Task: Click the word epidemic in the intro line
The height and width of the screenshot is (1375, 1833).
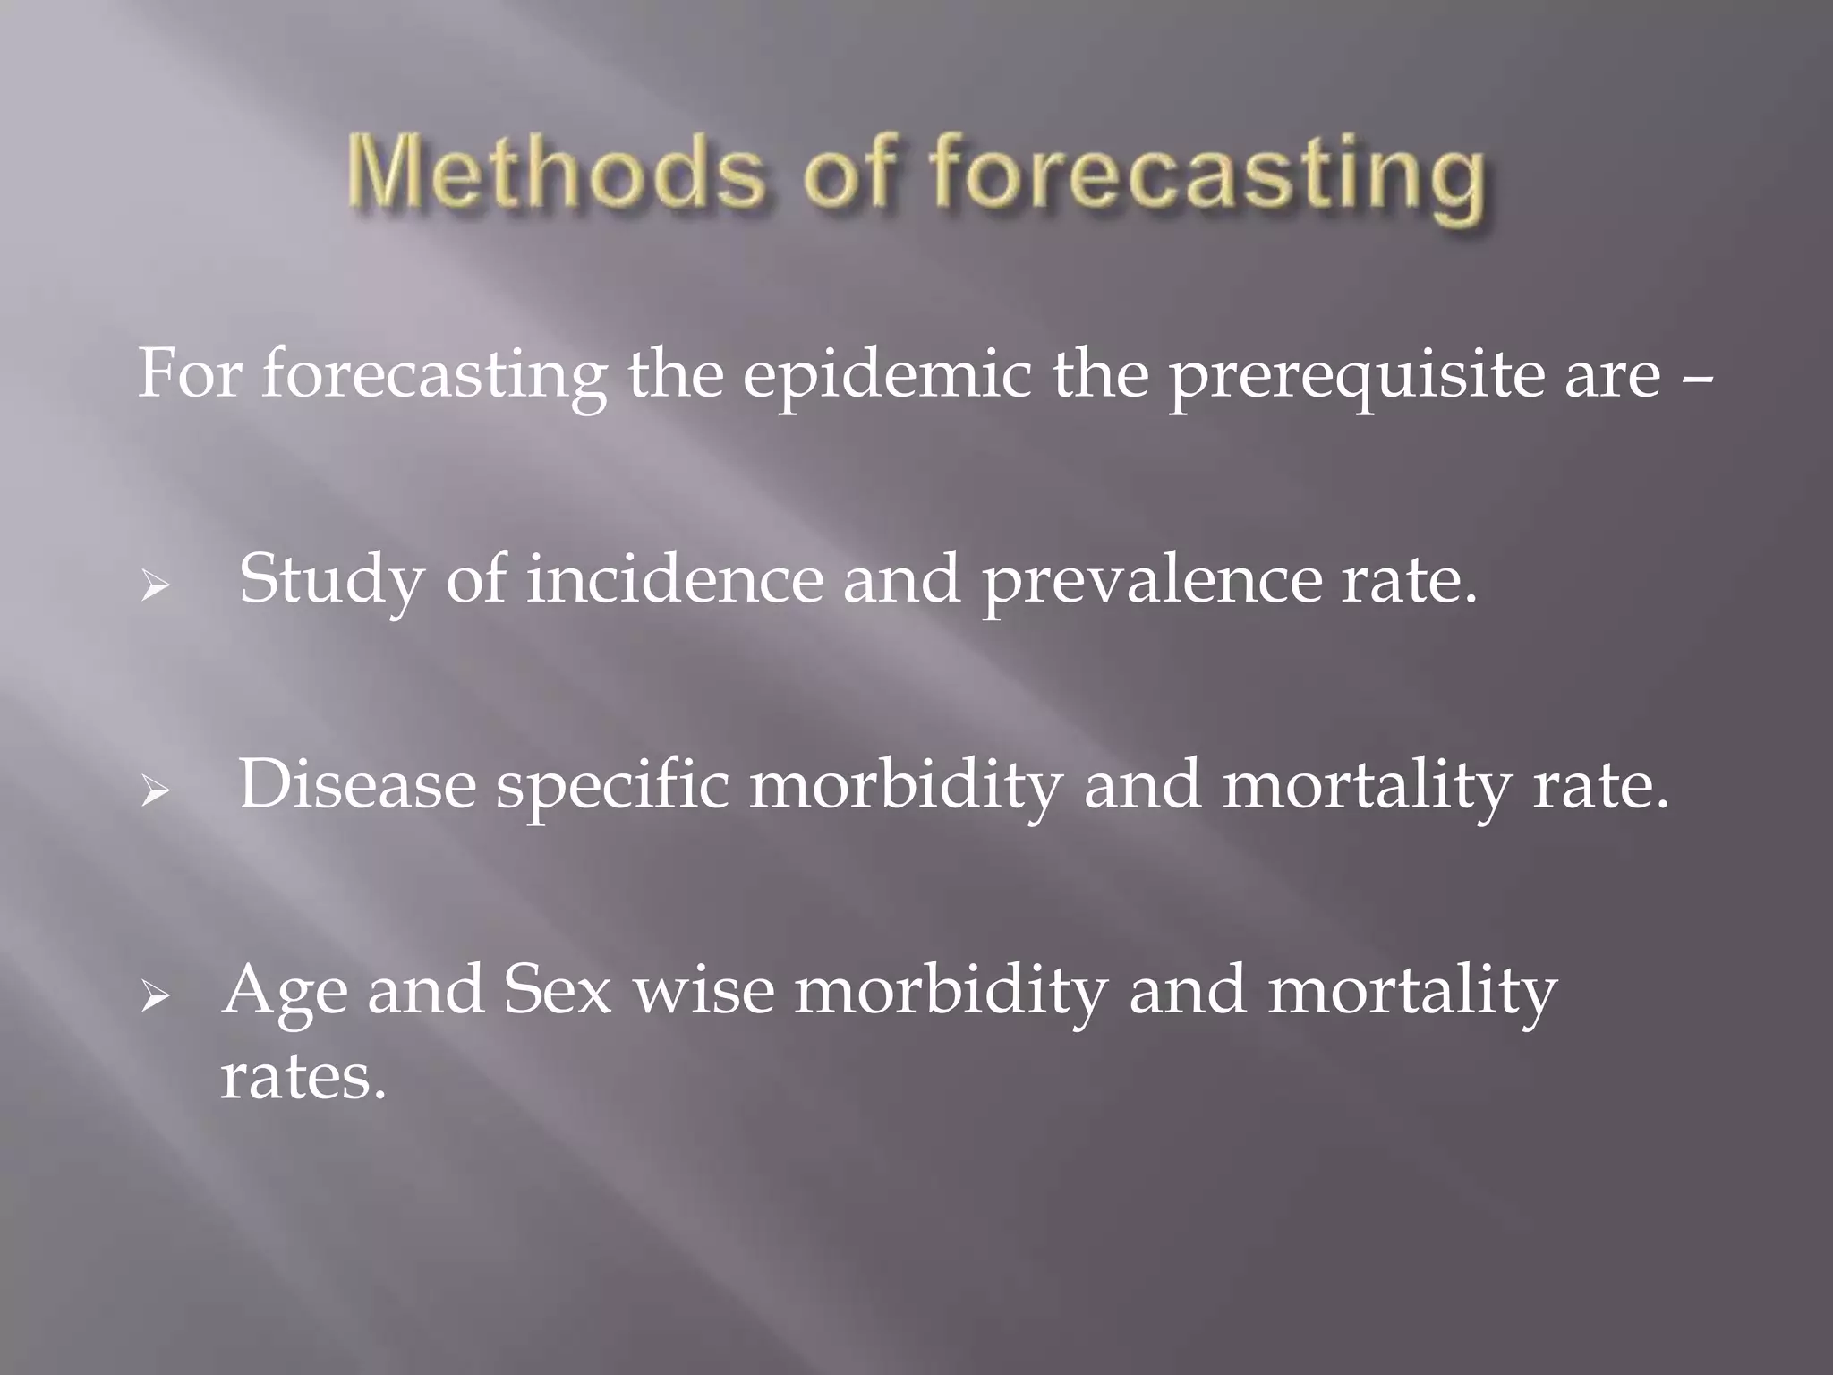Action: coord(886,375)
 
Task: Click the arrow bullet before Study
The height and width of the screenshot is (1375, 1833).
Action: coord(155,587)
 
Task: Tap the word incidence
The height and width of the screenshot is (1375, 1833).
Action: coord(673,579)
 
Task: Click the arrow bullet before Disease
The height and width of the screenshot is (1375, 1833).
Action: coord(155,791)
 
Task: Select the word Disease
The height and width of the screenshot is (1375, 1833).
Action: coord(357,784)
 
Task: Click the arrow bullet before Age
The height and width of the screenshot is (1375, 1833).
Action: coord(155,995)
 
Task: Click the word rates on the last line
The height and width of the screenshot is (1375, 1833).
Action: coord(303,1076)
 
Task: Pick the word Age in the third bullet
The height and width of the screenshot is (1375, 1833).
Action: coord(285,992)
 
